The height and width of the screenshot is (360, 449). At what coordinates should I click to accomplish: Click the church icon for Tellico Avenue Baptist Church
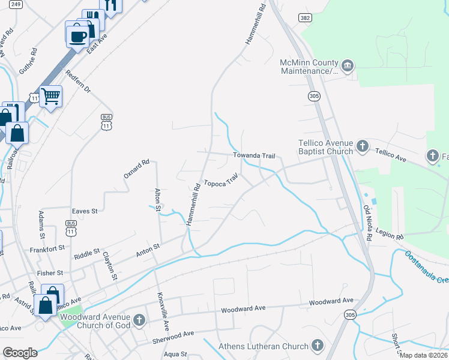click(x=362, y=145)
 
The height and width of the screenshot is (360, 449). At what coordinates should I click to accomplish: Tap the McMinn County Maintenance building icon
click(x=348, y=65)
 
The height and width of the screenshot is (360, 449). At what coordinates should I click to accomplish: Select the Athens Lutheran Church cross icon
click(x=318, y=346)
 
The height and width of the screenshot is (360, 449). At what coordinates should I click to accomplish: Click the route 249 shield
click(x=16, y=4)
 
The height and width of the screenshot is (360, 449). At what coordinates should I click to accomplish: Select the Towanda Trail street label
click(x=254, y=156)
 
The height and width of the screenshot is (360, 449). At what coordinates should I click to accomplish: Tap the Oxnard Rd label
click(x=136, y=169)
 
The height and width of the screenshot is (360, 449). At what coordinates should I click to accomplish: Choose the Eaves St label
click(x=85, y=211)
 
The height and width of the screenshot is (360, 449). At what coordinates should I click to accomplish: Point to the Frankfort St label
click(x=47, y=248)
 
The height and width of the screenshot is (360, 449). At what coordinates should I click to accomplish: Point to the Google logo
click(x=20, y=353)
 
